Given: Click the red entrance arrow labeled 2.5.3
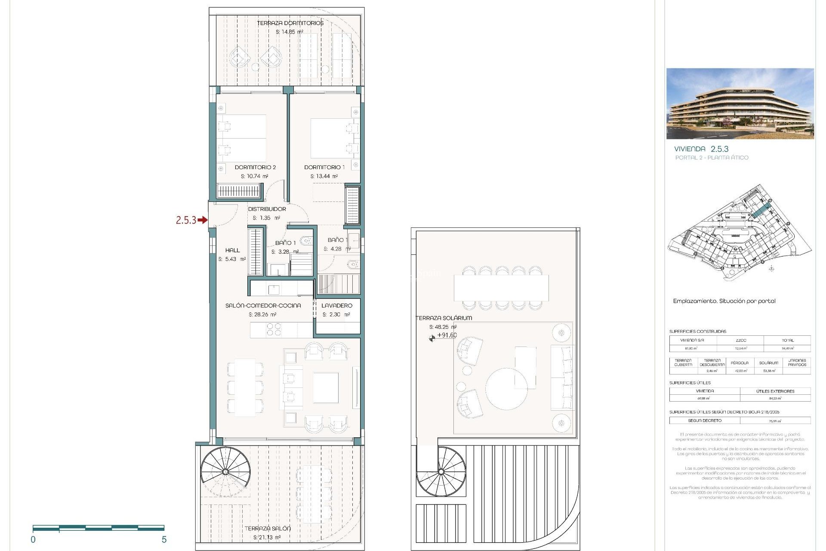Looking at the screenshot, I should pyautogui.click(x=202, y=220).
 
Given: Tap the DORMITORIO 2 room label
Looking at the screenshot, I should pyautogui.click(x=255, y=167).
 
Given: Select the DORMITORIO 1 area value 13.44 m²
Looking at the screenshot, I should pyautogui.click(x=324, y=176).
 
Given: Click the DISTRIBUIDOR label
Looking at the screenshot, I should pyautogui.click(x=267, y=209).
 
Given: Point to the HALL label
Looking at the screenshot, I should pyautogui.click(x=232, y=250).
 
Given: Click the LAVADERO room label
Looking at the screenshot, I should pyautogui.click(x=337, y=305).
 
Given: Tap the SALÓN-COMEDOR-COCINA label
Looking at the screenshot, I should pyautogui.click(x=263, y=305).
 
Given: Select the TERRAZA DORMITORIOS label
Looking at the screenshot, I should pyautogui.click(x=290, y=23).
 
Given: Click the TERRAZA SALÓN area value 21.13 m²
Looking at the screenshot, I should pyautogui.click(x=267, y=537).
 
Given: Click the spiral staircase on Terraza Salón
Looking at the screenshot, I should pyautogui.click(x=225, y=472).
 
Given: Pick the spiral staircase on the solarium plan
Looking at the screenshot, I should pyautogui.click(x=441, y=472).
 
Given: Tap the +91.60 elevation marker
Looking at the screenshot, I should pyautogui.click(x=447, y=335).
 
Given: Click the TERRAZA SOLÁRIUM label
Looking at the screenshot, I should pyautogui.click(x=444, y=318).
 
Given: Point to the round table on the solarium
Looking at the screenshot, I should pyautogui.click(x=506, y=389).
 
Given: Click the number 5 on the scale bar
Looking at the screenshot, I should pyautogui.click(x=164, y=539).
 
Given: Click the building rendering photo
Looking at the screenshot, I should pyautogui.click(x=740, y=103).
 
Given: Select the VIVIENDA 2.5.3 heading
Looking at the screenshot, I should pyautogui.click(x=701, y=149).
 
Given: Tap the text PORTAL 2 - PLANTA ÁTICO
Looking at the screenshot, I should pyautogui.click(x=712, y=158).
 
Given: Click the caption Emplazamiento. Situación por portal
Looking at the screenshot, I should pyautogui.click(x=724, y=301).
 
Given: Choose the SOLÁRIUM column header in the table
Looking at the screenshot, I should pyautogui.click(x=768, y=363).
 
